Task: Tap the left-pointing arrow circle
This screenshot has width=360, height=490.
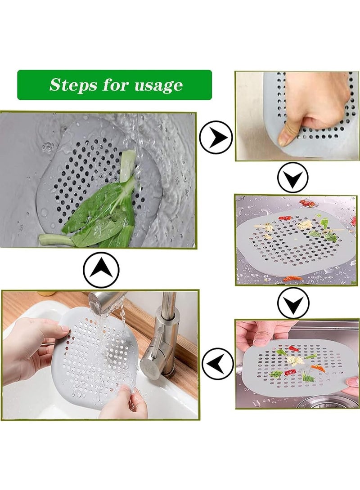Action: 218,364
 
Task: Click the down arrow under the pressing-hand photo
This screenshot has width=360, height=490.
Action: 293,178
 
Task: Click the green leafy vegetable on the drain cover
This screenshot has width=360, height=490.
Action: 103,211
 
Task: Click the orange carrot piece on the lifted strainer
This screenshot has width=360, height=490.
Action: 318,368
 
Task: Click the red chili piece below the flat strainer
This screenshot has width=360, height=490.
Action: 292,279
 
